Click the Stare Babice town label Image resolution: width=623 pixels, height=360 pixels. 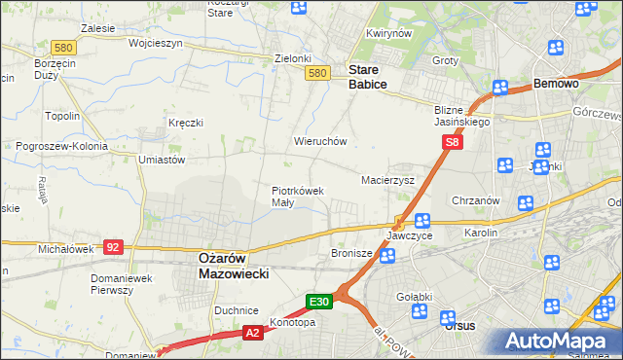(x=368, y=77)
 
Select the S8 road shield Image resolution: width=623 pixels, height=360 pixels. (x=452, y=143)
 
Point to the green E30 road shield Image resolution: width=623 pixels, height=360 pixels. (x=321, y=302)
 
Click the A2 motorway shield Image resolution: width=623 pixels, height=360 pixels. (x=252, y=334)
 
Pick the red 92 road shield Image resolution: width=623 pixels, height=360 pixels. (x=114, y=247)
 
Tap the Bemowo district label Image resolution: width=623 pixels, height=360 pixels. (x=556, y=85)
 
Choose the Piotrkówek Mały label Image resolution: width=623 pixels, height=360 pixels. (x=297, y=197)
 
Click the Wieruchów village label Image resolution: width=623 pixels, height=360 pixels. (x=320, y=141)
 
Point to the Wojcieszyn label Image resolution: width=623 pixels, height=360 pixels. (x=128, y=44)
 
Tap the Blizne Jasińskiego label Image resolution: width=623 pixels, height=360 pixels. (x=462, y=117)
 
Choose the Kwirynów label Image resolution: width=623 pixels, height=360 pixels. (x=385, y=34)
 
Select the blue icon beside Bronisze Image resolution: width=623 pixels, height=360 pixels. (x=387, y=257)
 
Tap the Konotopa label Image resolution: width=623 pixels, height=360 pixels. (x=294, y=322)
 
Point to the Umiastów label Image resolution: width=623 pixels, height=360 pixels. (x=162, y=160)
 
